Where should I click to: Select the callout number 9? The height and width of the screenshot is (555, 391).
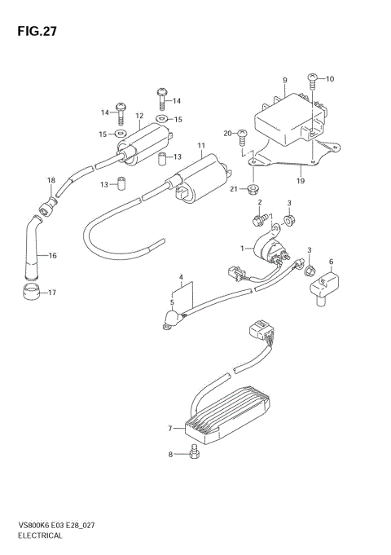[x=285, y=79]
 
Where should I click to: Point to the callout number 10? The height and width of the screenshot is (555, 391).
[x=330, y=79]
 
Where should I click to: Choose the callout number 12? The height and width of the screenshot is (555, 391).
[x=139, y=116]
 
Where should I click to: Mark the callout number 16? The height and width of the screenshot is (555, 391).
[x=53, y=256]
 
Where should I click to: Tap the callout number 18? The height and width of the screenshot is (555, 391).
[x=51, y=180]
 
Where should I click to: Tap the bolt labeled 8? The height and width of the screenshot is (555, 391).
[x=192, y=453]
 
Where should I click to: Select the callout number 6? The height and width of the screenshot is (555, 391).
[x=332, y=262]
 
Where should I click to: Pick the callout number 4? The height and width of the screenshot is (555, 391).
[x=181, y=278]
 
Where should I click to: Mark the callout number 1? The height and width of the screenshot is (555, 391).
[x=242, y=248]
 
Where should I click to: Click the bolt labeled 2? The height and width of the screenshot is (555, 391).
[x=260, y=218]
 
